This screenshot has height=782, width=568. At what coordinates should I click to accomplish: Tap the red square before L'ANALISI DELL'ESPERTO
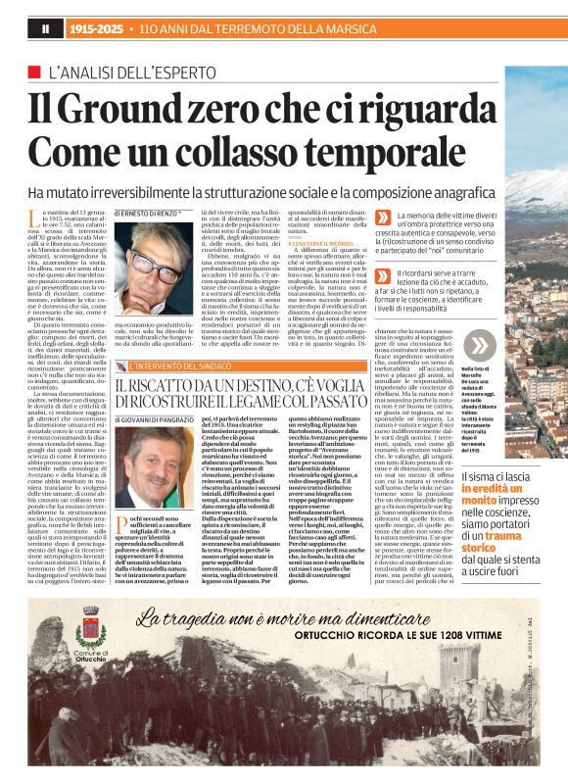point(35,72)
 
